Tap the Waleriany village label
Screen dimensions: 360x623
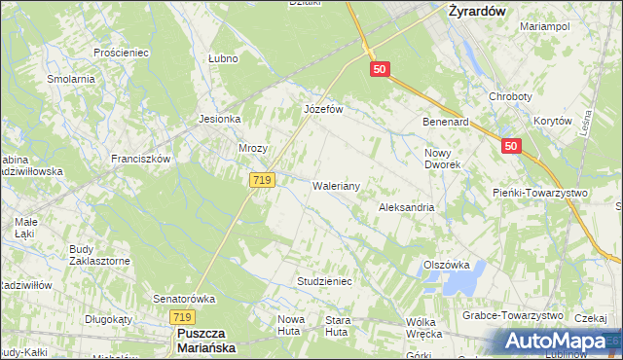click(x=337, y=186)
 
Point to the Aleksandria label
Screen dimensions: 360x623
click(x=406, y=208)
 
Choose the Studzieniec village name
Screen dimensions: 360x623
click(x=323, y=281)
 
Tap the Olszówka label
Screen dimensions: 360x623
click(x=447, y=265)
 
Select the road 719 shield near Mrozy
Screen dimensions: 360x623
click(x=262, y=180)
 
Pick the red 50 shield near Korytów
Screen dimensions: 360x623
click(x=513, y=146)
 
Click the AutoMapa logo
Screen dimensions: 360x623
click(x=555, y=342)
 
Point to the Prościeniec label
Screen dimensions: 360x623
click(x=119, y=52)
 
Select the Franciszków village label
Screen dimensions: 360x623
click(x=140, y=159)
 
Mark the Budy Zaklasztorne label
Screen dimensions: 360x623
click(x=99, y=255)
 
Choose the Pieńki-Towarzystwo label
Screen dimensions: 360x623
click(x=541, y=194)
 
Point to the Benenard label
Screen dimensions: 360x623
click(x=446, y=123)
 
